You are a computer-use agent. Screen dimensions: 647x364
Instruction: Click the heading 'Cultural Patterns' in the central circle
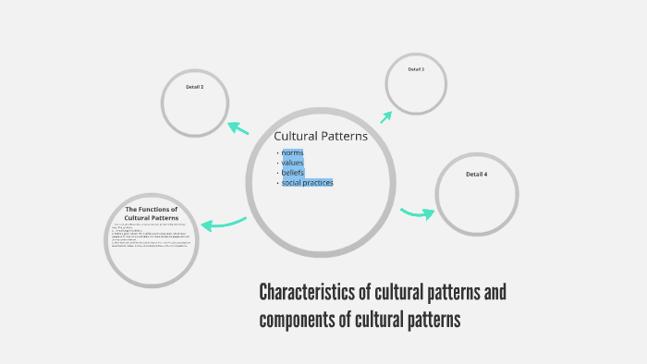(x=321, y=136)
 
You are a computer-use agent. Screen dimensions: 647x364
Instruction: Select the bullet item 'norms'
(x=292, y=152)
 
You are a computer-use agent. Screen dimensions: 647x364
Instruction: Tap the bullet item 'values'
(x=292, y=163)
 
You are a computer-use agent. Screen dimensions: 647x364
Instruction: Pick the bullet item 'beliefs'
(x=293, y=173)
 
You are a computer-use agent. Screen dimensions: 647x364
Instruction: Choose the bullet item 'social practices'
(x=307, y=183)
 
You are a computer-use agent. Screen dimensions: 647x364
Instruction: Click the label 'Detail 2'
(x=194, y=87)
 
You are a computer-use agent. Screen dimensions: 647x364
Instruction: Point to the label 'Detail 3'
(x=416, y=69)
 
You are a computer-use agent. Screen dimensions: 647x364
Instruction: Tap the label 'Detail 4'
(x=476, y=174)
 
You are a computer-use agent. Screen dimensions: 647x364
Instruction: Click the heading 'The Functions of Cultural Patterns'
(x=152, y=213)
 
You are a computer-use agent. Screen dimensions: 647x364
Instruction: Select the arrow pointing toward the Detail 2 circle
(x=238, y=128)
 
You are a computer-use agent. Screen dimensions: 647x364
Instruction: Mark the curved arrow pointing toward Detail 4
(x=418, y=213)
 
